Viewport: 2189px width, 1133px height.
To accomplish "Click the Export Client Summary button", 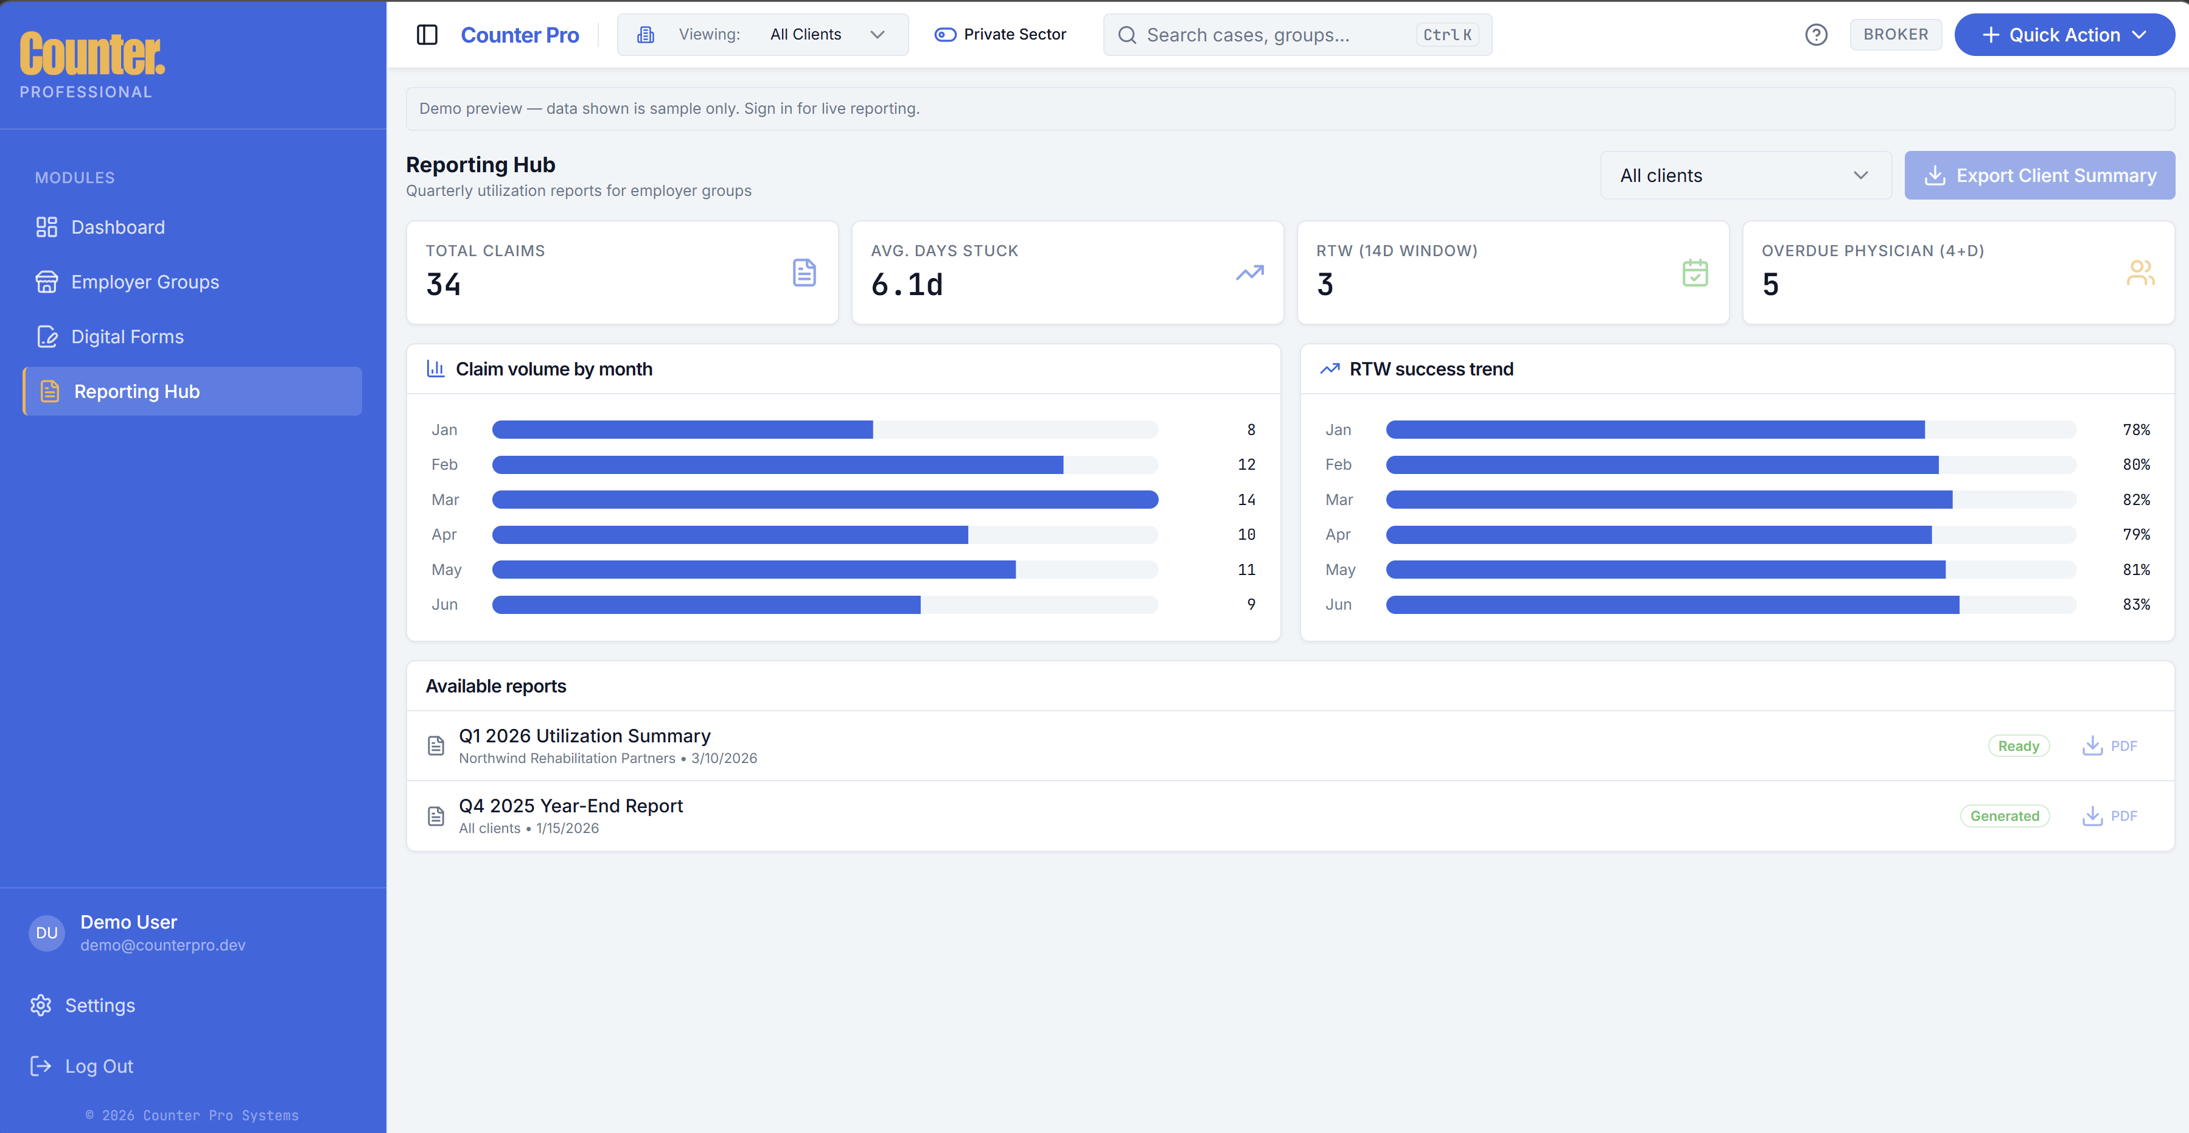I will [x=2039, y=176].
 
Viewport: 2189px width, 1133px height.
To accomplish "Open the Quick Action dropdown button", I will [x=2063, y=35].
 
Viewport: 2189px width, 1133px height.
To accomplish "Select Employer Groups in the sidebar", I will [x=144, y=282].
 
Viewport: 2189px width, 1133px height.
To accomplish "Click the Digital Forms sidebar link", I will [x=127, y=336].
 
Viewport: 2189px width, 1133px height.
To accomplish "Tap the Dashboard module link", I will [x=117, y=227].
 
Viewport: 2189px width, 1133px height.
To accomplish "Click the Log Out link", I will [x=99, y=1066].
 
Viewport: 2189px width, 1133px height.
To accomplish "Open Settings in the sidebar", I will [x=99, y=1005].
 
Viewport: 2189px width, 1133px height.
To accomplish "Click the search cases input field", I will [x=1275, y=35].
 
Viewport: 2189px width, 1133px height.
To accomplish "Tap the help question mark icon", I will [x=1816, y=35].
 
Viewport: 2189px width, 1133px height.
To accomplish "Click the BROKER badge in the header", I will [x=1895, y=35].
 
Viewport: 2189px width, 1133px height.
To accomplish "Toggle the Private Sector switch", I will [x=945, y=35].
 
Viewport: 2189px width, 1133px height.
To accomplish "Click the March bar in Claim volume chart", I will [x=824, y=500].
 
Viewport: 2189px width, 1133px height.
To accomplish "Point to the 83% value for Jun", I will [x=2135, y=604].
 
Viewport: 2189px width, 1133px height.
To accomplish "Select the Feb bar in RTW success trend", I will [x=1661, y=465].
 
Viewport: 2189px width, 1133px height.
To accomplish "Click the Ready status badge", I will [x=2018, y=746].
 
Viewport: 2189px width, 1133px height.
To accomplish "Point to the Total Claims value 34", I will [x=444, y=285].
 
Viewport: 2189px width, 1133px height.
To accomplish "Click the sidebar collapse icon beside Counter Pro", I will [x=427, y=35].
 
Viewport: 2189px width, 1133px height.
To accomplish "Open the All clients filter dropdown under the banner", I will [x=1745, y=176].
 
